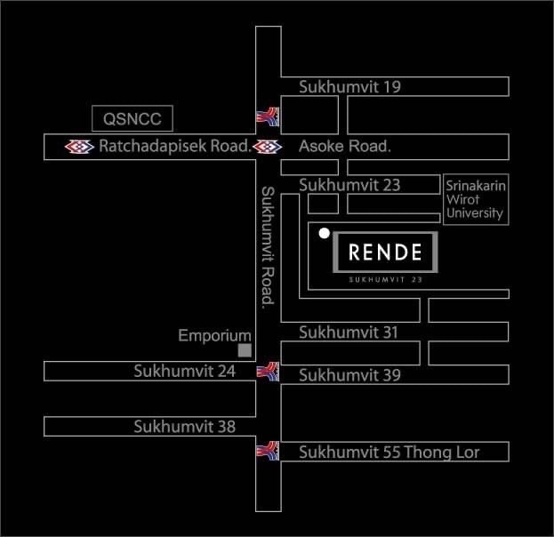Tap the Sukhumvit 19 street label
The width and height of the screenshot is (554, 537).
pos(349,87)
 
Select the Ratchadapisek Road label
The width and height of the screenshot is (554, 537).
pos(175,146)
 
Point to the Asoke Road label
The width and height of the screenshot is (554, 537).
pos(345,147)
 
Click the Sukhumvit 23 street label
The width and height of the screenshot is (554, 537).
pos(349,185)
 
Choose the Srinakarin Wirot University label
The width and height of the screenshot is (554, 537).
pos(476,200)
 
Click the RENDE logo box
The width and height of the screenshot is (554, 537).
pos(385,252)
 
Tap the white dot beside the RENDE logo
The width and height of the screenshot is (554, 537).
pos(325,233)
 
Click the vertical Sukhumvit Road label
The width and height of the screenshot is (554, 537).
pos(268,248)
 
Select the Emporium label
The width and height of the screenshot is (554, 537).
pos(215,336)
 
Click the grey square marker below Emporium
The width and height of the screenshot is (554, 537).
pos(245,350)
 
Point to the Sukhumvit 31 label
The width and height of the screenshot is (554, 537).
pos(349,333)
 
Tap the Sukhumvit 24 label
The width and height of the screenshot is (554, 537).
pos(184,372)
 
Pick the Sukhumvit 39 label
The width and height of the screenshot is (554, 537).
pos(349,375)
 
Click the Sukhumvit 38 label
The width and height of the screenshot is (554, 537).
pos(184,427)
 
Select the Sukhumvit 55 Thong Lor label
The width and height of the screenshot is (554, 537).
pos(389,453)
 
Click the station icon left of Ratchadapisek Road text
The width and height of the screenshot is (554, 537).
pos(79,147)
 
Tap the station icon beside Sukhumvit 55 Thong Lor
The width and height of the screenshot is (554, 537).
pos(268,451)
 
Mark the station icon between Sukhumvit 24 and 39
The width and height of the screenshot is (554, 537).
pos(268,372)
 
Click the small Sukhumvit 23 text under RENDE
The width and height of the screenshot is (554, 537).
pos(385,280)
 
